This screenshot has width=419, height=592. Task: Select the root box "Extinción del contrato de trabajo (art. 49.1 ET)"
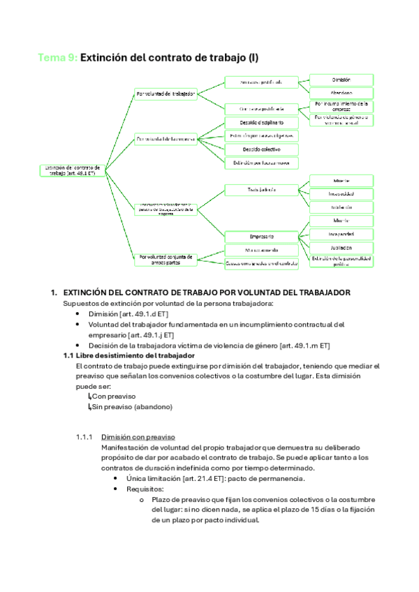pos(73,170)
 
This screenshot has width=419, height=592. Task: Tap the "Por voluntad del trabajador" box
pos(166,93)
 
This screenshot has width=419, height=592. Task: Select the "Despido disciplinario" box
pos(261,123)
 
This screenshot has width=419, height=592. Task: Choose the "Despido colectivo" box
pos(261,149)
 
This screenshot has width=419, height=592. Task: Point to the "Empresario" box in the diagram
pos(261,236)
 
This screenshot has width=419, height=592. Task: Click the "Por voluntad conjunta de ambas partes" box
pos(166,259)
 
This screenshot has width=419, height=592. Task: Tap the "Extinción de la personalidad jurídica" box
pos(341,261)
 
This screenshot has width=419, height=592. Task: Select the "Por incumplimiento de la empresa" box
pos(341,105)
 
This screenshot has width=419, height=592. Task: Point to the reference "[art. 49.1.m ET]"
pos(304,346)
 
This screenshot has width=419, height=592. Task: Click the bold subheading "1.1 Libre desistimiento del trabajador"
pos(128,356)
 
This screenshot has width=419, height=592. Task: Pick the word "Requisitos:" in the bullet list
pos(145,489)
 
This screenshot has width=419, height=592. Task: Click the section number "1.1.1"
pos(84,438)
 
